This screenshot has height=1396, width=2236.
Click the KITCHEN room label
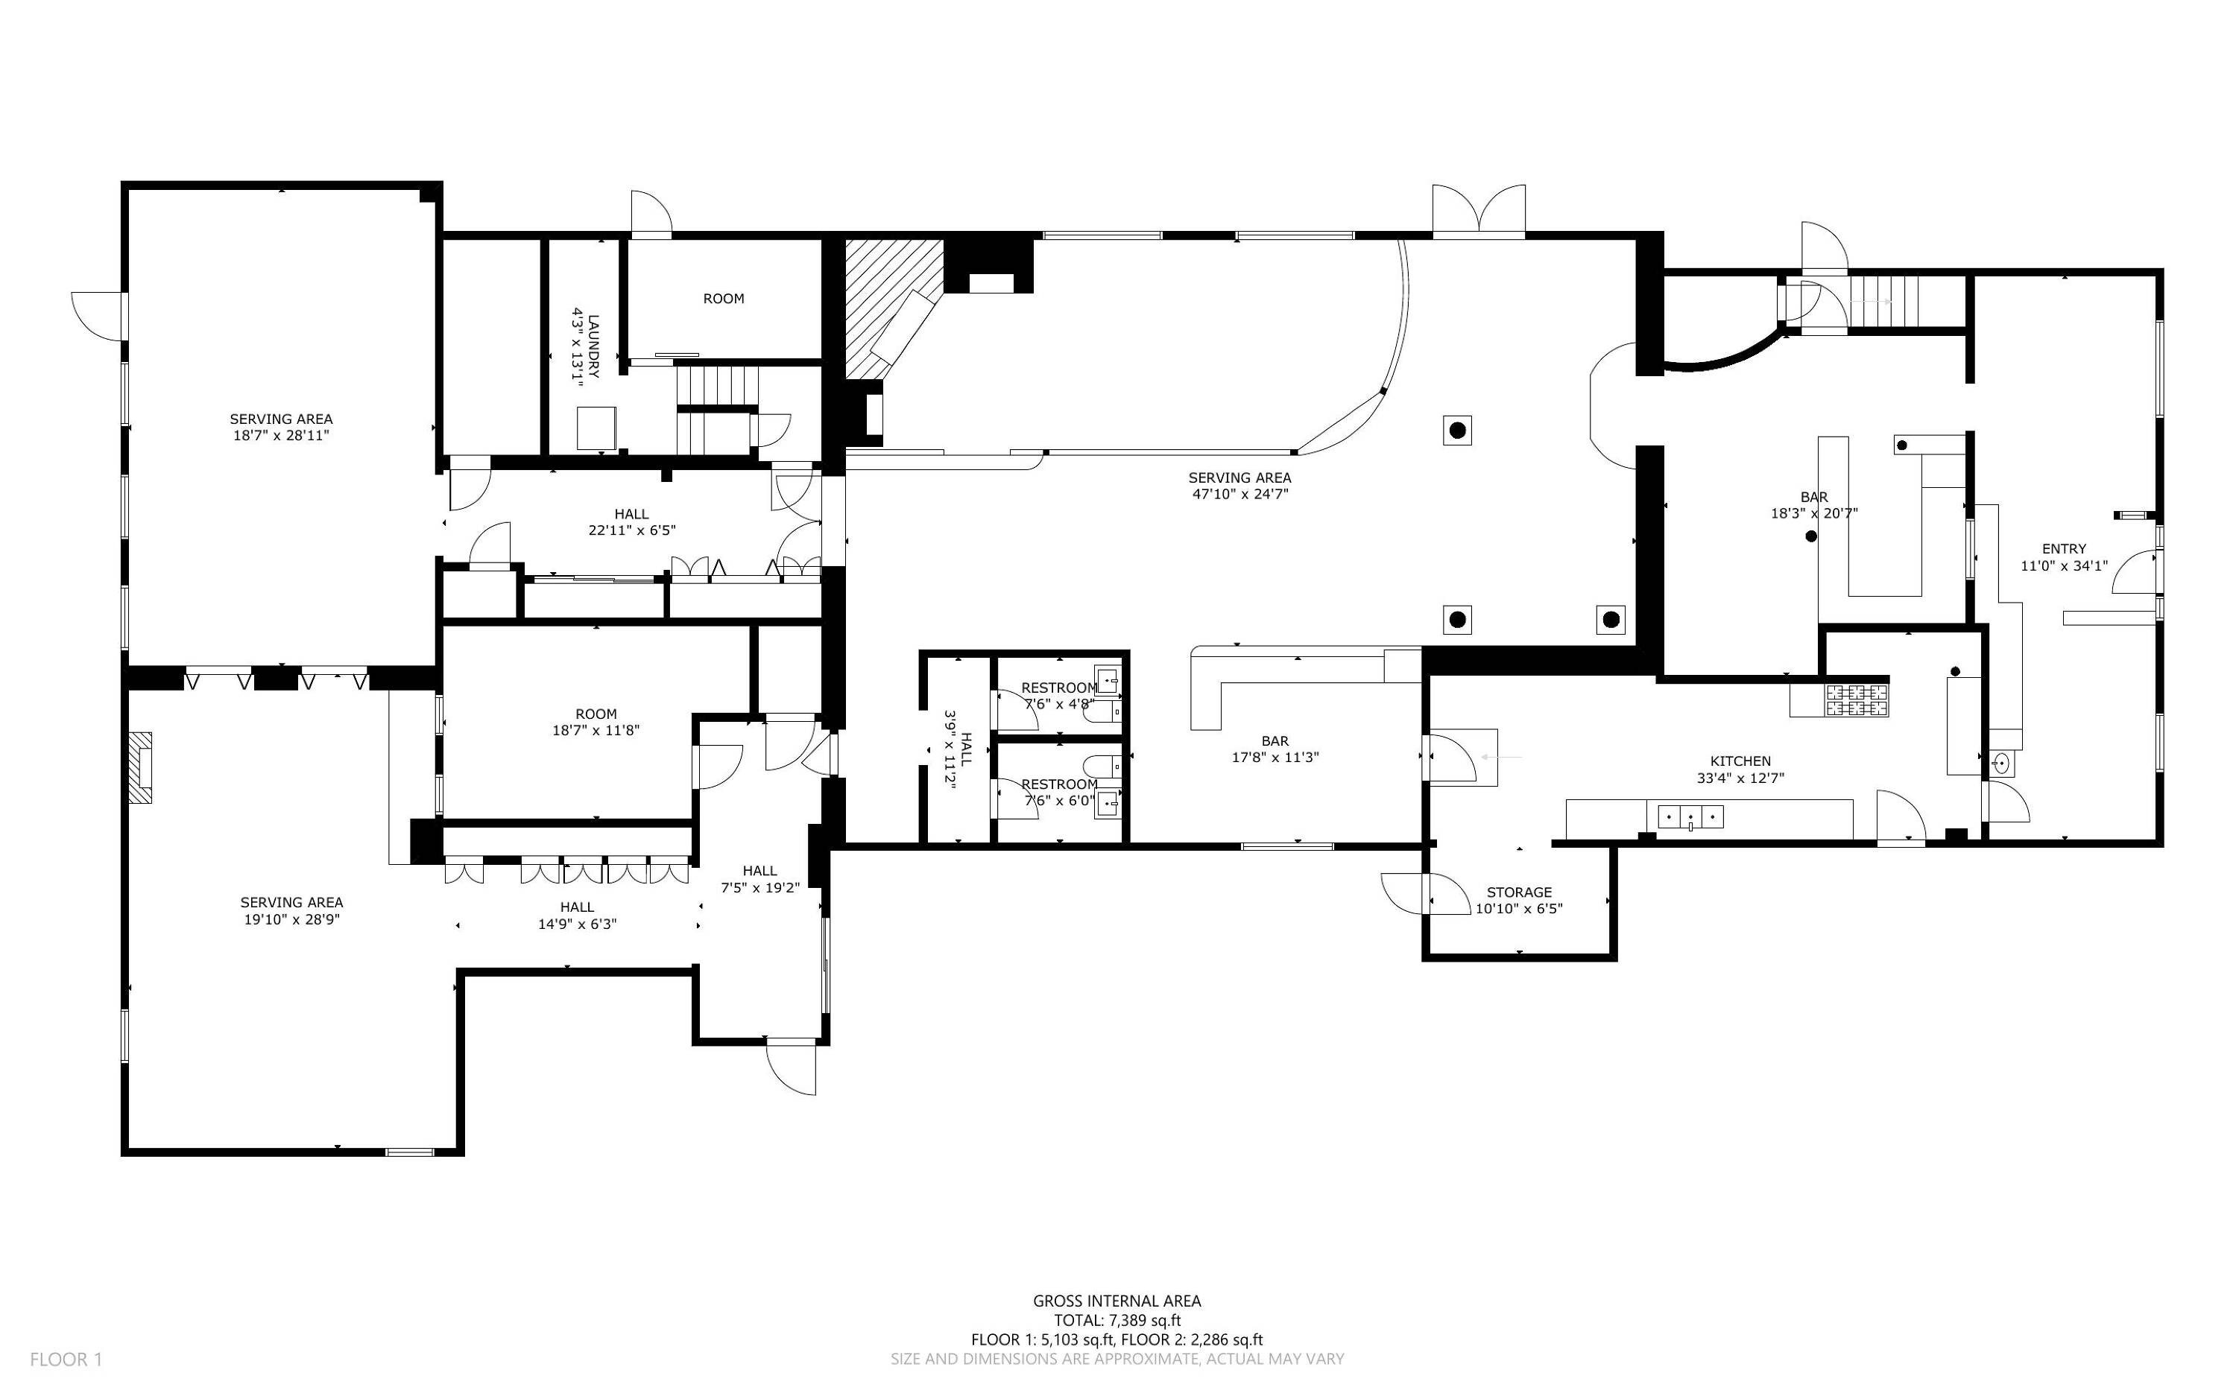(x=1740, y=761)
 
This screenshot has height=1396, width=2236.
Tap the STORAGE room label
(x=1519, y=892)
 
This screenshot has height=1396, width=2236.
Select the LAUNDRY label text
(x=593, y=346)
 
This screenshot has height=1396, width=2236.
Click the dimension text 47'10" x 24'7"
(x=1239, y=494)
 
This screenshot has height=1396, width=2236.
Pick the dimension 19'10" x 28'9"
(x=293, y=919)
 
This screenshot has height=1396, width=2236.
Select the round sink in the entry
(x=2001, y=764)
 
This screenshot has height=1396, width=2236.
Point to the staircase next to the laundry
(x=717, y=409)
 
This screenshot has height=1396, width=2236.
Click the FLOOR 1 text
(x=66, y=1359)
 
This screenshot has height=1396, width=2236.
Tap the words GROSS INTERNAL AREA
(x=1117, y=1301)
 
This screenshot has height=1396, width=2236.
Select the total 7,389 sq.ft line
(x=1117, y=1320)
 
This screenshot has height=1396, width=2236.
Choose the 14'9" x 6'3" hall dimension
(x=577, y=924)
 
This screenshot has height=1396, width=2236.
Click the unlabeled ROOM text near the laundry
(x=723, y=298)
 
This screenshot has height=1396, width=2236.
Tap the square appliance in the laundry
(x=596, y=428)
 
